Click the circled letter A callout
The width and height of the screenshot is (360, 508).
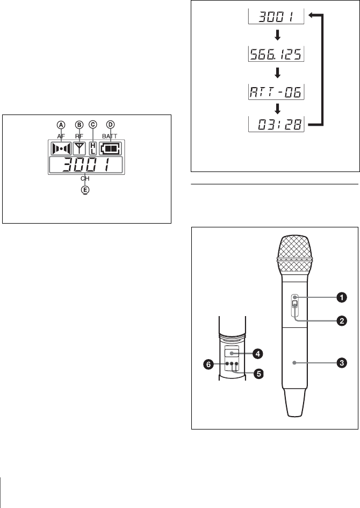61,124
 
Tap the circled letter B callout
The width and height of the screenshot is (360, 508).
79,124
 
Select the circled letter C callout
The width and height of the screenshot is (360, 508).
92,124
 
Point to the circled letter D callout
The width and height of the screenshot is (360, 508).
111,124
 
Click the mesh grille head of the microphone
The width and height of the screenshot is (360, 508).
293,251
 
